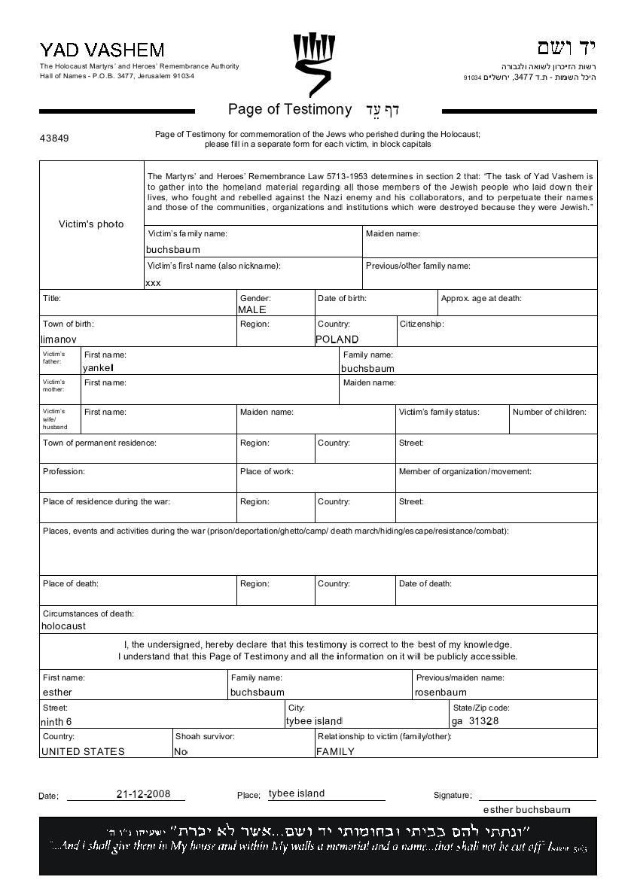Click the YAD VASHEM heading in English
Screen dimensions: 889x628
[102, 50]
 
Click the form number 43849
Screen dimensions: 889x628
[54, 139]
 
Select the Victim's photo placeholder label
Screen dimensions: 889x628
[91, 224]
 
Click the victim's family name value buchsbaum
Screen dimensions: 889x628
[173, 249]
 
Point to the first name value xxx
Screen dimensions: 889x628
[153, 283]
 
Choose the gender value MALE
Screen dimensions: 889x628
[252, 309]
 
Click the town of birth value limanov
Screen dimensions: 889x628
[58, 339]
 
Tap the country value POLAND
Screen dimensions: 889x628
[337, 339]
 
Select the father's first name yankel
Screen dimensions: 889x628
[98, 368]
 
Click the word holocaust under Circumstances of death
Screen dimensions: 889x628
[63, 626]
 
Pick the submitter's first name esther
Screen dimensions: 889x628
[57, 693]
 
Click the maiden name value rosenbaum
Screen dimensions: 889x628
[441, 693]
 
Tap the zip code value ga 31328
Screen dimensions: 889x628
[475, 721]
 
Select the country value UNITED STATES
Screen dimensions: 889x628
[83, 751]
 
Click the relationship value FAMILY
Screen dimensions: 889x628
[335, 751]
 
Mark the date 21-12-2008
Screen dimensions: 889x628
[143, 794]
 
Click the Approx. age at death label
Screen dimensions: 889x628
[481, 299]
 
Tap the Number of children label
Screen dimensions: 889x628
[549, 412]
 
